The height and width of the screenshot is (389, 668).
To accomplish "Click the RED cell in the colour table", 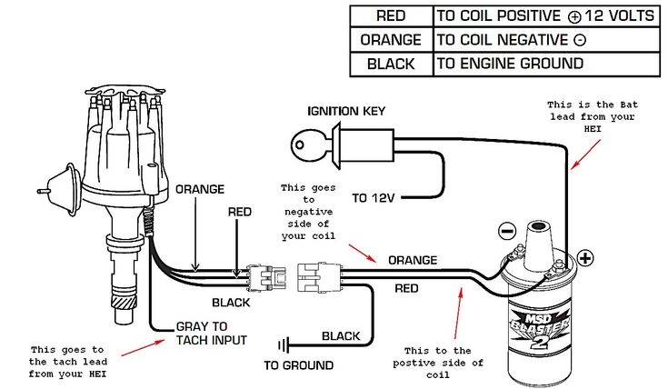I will [391, 15].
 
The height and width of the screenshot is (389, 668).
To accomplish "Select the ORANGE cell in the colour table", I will [391, 40].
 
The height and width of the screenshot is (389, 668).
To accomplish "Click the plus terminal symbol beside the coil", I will [585, 257].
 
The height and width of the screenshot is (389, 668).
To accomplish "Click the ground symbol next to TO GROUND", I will [285, 344].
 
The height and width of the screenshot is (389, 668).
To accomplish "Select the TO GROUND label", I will [298, 365].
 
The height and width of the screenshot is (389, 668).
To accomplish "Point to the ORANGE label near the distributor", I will [199, 189].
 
